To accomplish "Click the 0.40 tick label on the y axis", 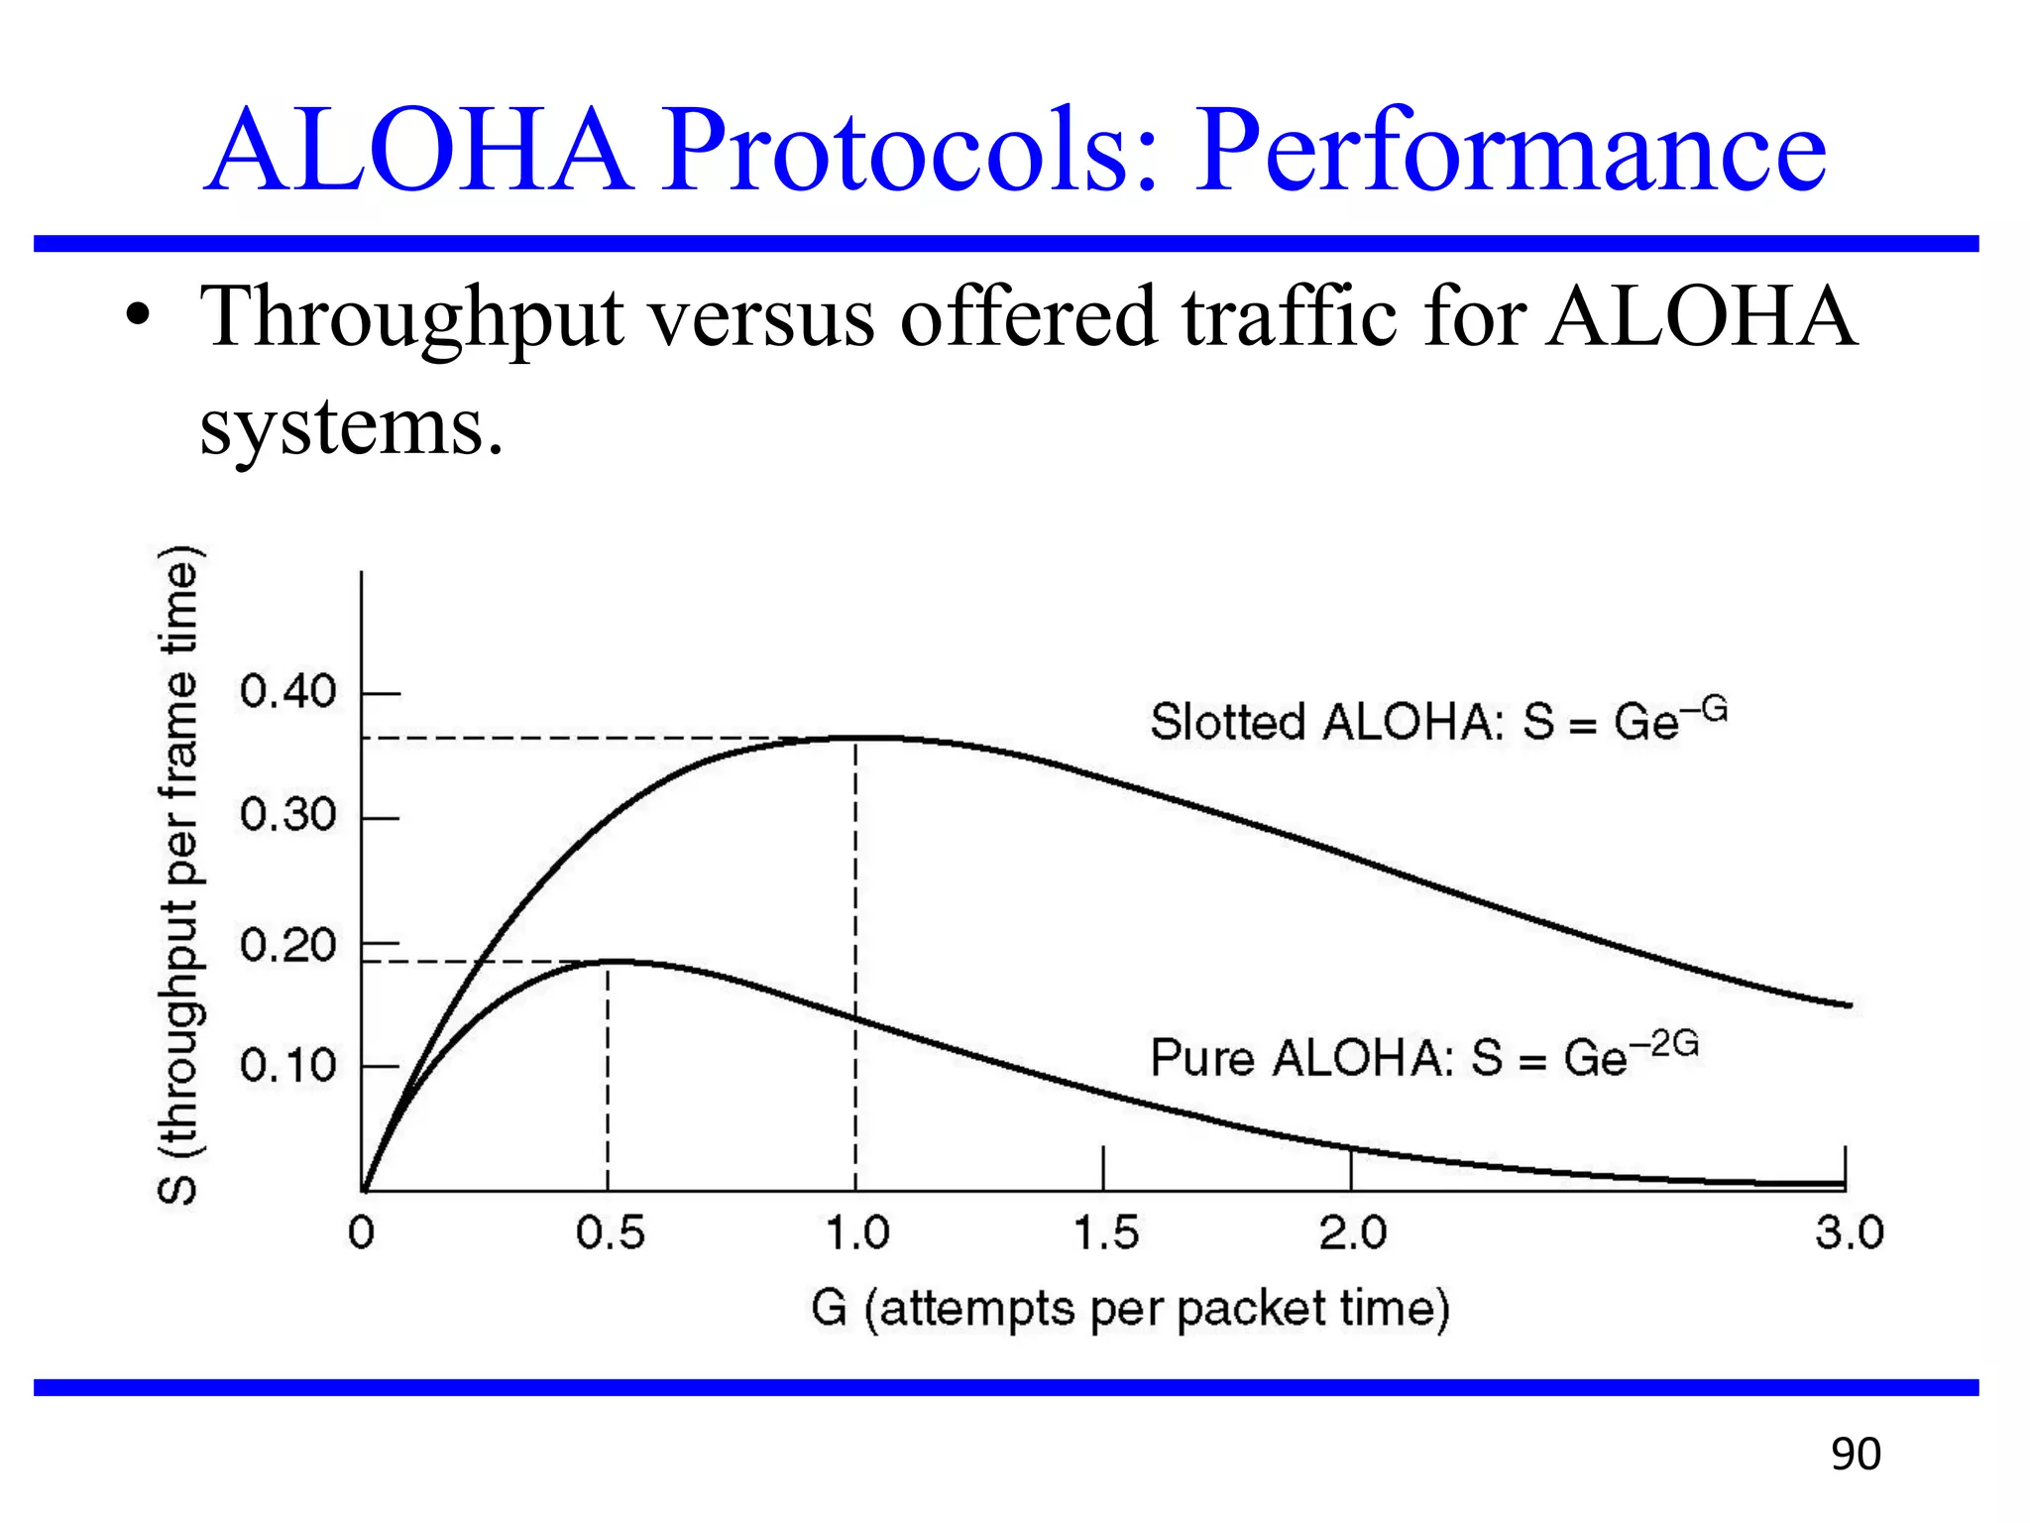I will tap(288, 691).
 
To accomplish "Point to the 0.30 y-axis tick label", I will tap(288, 815).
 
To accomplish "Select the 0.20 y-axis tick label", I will tap(288, 945).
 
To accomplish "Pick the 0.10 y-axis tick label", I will tap(288, 1066).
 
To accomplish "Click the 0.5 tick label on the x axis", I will tap(610, 1233).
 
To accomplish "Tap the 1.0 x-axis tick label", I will tap(857, 1233).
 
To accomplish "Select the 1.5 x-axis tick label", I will tap(1105, 1233).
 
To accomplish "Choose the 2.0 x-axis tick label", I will tap(1353, 1233).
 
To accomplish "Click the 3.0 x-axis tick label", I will tap(1849, 1233).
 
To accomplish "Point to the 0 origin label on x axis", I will tap(362, 1233).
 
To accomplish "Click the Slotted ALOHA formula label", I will tap(1437, 721).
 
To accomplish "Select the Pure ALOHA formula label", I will tap(1423, 1056).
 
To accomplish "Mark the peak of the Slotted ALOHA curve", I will tap(856, 738).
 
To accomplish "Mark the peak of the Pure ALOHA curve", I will tap(609, 961).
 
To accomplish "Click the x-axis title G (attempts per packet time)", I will tap(1130, 1309).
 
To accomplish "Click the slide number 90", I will tap(1855, 1455).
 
